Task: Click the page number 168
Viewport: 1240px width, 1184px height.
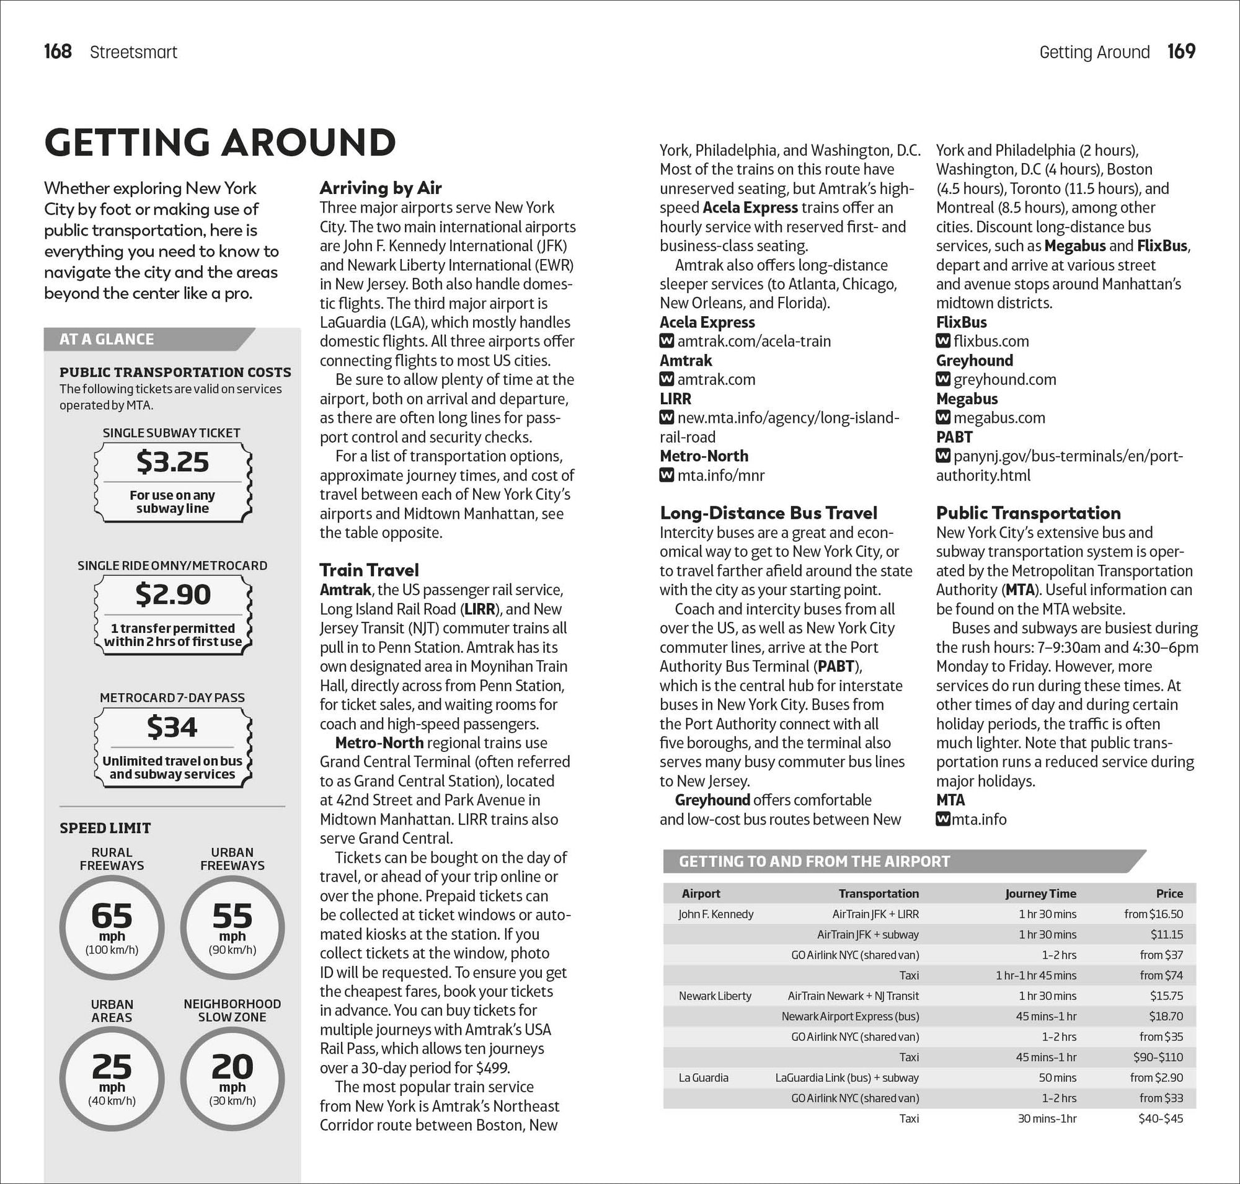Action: pyautogui.click(x=58, y=51)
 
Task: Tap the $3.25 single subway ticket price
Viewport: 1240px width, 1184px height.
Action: pyautogui.click(x=172, y=462)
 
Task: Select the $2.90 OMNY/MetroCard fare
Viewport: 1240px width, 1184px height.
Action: pyautogui.click(x=172, y=594)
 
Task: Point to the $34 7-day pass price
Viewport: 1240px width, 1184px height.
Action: pyautogui.click(x=172, y=727)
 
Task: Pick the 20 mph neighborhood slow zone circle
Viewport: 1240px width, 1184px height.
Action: pyautogui.click(x=232, y=1079)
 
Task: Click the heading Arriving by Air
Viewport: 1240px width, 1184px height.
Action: pyautogui.click(x=380, y=187)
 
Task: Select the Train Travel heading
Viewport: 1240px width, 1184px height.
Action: pyautogui.click(x=369, y=570)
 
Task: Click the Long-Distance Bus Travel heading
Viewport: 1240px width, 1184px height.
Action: pyautogui.click(x=768, y=513)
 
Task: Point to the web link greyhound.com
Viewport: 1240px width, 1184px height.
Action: pyautogui.click(x=1004, y=379)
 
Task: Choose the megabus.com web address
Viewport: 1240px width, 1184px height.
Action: pyautogui.click(x=999, y=418)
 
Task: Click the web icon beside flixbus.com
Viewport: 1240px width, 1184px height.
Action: pyautogui.click(x=942, y=342)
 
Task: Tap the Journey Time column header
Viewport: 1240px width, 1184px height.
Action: pyautogui.click(x=1040, y=893)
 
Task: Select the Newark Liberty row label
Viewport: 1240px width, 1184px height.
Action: pyautogui.click(x=715, y=996)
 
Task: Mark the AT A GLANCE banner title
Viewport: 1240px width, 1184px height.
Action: pyautogui.click(x=107, y=339)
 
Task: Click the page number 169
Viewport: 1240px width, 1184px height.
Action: pyautogui.click(x=1181, y=51)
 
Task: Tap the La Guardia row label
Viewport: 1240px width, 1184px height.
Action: pyautogui.click(x=703, y=1077)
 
